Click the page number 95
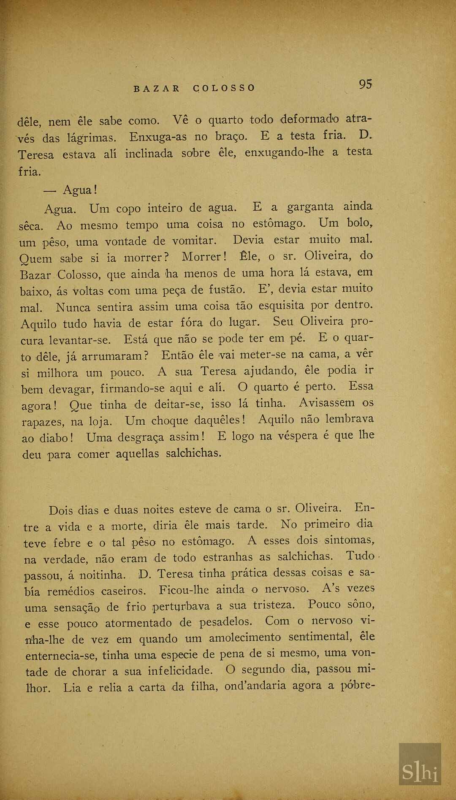point(366,84)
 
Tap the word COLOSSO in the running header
point(224,88)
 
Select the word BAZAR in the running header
point(157,89)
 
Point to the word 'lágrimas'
point(91,138)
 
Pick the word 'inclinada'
point(149,154)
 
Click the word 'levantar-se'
point(80,340)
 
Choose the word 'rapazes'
point(43,422)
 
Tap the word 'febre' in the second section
point(67,543)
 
